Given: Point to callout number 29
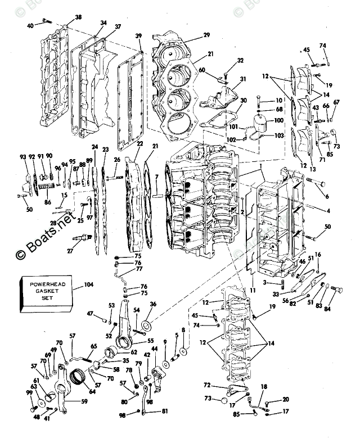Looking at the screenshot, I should pos(206,35).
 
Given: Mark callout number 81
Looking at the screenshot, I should pos(164,412).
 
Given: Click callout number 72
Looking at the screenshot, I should pos(207,385).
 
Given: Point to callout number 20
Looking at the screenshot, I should pos(286,400).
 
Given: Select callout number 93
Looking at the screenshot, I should pos(23,157).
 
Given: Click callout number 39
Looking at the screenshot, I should pos(138,37).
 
